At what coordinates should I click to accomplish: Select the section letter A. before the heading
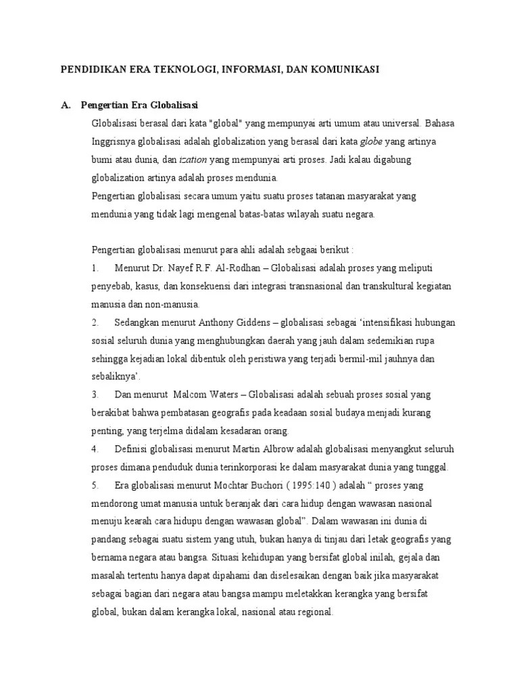tap(66, 106)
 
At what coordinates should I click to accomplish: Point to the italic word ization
tap(193, 160)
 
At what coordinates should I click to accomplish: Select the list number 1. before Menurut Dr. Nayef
tap(95, 268)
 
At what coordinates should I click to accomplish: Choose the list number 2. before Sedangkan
tap(95, 322)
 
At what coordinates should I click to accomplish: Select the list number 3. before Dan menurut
tap(95, 395)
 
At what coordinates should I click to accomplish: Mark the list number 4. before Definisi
tap(95, 449)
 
